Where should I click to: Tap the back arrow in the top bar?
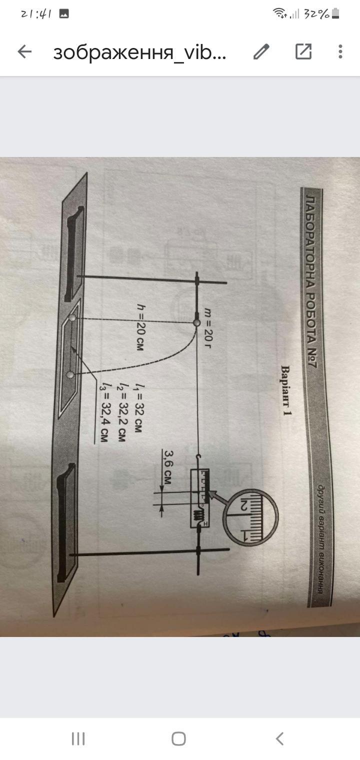(24, 51)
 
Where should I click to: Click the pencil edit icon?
(261, 51)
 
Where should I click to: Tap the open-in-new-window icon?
(303, 51)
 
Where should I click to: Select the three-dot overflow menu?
(340, 51)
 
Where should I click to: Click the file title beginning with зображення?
(140, 52)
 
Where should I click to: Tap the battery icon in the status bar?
(335, 14)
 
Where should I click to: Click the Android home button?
(178, 738)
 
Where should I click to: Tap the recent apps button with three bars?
(78, 738)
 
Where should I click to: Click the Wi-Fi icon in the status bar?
(279, 14)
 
